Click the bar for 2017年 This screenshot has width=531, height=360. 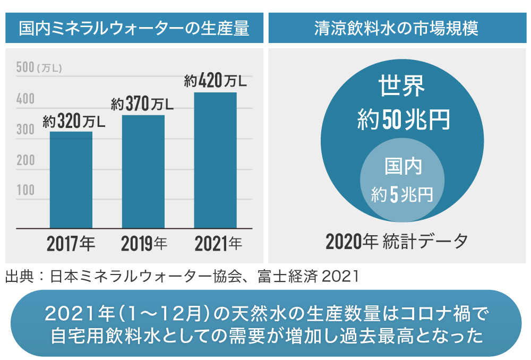71,180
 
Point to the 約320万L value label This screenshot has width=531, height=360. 74,122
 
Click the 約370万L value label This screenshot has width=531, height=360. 142,105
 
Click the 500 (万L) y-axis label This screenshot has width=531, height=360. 39,67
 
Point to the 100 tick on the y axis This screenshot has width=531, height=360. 25,190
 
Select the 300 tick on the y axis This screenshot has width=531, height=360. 25,129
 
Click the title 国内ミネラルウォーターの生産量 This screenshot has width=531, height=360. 134,29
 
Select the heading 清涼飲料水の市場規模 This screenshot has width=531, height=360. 396,29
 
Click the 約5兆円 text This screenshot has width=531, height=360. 402,195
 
